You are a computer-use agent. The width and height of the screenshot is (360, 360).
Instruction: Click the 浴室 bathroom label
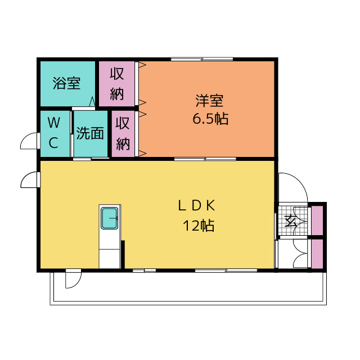[66, 83]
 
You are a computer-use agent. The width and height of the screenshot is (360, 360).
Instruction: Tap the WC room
[55, 134]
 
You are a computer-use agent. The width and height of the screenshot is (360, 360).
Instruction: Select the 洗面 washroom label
[90, 133]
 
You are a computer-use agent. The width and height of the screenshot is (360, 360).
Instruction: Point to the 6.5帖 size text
[210, 119]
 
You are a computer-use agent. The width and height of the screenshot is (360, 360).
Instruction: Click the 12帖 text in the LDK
[199, 226]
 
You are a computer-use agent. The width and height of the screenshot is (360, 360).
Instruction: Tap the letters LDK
[197, 205]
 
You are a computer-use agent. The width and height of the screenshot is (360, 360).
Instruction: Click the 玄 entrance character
[290, 221]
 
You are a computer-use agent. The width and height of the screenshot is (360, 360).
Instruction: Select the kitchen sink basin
[110, 218]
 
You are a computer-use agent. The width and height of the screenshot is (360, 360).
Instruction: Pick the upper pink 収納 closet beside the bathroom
[116, 84]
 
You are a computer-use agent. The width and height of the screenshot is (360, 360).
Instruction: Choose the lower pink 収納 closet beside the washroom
[123, 134]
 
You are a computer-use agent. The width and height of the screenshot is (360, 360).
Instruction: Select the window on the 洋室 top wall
[202, 59]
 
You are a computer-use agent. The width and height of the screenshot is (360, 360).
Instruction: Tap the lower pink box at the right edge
[317, 254]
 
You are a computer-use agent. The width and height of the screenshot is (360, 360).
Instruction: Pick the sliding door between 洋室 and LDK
[205, 159]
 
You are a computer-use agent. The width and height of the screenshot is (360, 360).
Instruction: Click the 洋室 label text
[209, 101]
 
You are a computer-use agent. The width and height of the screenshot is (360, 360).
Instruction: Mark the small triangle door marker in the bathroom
[92, 102]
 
